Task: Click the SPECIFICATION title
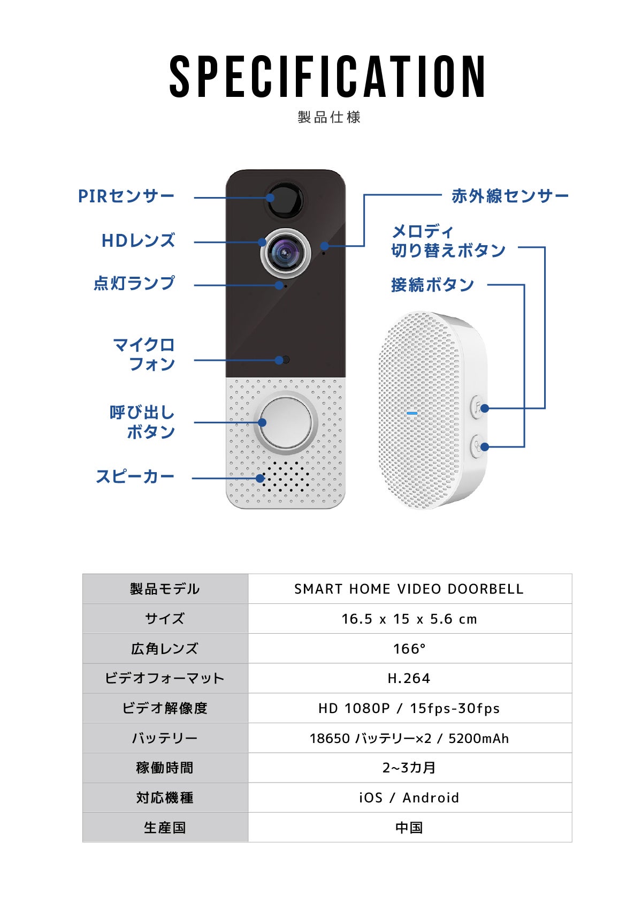click(327, 77)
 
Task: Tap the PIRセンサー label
click(126, 196)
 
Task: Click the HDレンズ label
click(138, 240)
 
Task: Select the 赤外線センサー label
click(510, 196)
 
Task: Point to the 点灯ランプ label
click(134, 283)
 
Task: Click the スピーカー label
click(135, 476)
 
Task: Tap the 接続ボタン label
click(432, 285)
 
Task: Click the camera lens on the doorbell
click(286, 253)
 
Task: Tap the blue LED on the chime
click(412, 413)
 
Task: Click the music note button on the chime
click(478, 407)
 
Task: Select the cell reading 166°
click(410, 648)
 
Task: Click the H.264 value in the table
click(409, 678)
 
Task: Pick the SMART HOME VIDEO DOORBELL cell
click(410, 589)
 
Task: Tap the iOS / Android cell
click(410, 798)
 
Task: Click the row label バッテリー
click(165, 738)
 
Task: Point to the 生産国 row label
click(165, 828)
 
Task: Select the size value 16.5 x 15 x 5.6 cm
click(409, 619)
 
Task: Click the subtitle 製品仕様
click(329, 117)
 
